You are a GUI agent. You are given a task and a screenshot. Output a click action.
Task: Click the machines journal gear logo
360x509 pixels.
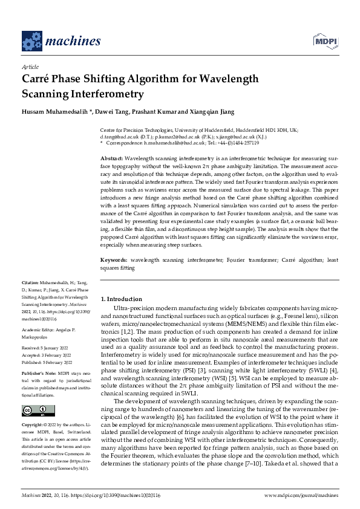(31, 41)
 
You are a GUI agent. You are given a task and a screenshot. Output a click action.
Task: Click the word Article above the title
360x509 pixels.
(30, 67)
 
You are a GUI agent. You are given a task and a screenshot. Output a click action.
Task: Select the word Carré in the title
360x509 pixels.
(38, 79)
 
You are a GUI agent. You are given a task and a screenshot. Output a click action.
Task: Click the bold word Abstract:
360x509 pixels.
(111, 157)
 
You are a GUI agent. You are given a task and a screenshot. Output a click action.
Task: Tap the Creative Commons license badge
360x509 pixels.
(34, 410)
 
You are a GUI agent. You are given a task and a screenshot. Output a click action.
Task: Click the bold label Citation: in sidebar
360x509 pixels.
(30, 282)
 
